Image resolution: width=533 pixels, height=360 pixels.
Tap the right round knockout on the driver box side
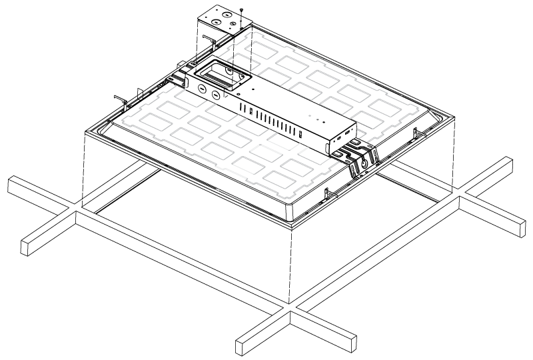pyautogui.click(x=216, y=94)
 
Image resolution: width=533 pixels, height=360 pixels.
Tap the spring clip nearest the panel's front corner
pyautogui.click(x=326, y=194)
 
